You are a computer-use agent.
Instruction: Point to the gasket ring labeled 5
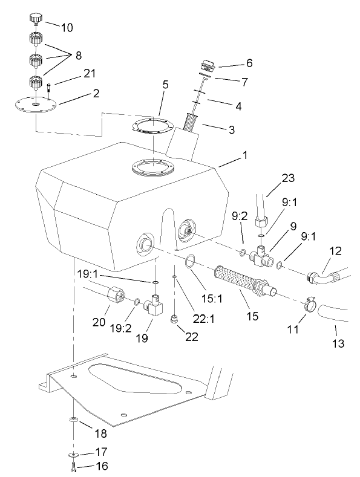click(x=152, y=129)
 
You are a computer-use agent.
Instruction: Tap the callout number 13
click(x=338, y=344)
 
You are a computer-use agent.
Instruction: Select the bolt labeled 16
click(x=72, y=466)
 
